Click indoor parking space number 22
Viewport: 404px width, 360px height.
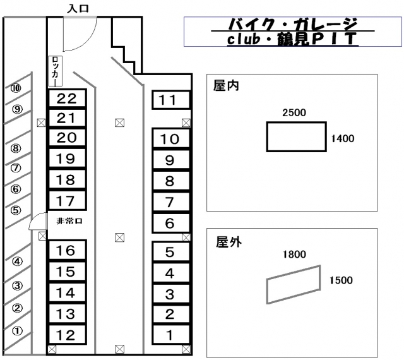(x=67, y=98)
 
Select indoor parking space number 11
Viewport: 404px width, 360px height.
(x=171, y=100)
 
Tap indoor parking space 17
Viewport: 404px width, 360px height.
(x=67, y=201)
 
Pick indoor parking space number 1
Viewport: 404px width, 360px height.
(x=171, y=335)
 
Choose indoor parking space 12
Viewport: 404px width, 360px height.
(x=67, y=335)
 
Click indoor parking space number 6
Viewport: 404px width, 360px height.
(x=171, y=223)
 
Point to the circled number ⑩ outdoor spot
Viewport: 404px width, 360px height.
(x=16, y=88)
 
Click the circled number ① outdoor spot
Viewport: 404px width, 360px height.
(x=17, y=331)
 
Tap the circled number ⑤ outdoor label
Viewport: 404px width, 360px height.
(x=16, y=210)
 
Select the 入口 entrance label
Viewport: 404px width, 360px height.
(x=78, y=8)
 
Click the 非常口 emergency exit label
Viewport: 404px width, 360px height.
(x=69, y=221)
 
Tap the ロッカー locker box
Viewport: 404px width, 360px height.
(x=56, y=71)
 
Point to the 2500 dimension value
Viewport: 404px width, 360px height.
(x=294, y=112)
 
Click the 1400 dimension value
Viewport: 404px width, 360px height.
(x=342, y=139)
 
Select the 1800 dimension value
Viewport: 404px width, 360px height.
(x=294, y=255)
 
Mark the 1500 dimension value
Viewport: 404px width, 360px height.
(x=341, y=280)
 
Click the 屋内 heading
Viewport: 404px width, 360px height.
(x=226, y=86)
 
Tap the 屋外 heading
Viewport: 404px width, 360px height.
(x=229, y=242)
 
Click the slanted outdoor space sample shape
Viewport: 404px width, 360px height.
(x=294, y=284)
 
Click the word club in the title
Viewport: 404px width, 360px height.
(x=244, y=39)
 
